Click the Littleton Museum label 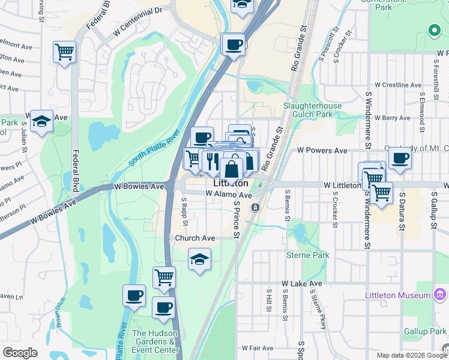[x=398, y=295]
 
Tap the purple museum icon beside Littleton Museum [x=440, y=295]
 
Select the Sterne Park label [x=312, y=255]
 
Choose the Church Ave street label [x=194, y=238]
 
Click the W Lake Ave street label [x=302, y=283]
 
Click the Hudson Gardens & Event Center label [x=155, y=341]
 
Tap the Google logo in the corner [x=20, y=352]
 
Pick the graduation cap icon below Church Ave [x=199, y=260]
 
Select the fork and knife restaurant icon [x=211, y=160]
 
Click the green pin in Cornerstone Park [x=434, y=30]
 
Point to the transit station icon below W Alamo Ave [x=255, y=207]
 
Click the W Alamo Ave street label [x=228, y=194]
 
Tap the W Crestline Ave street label [x=399, y=85]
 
